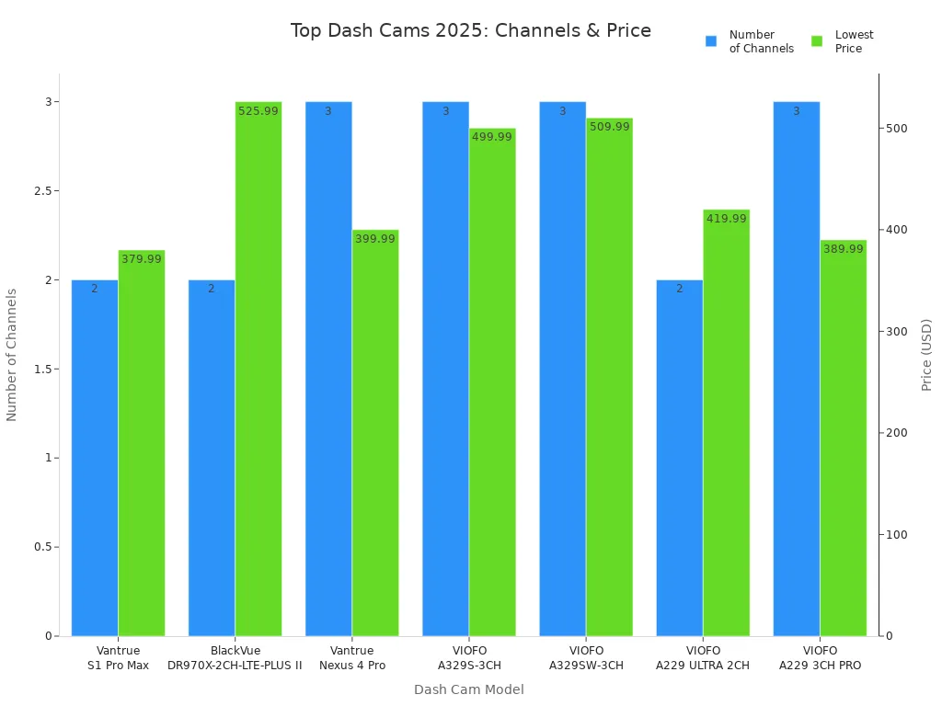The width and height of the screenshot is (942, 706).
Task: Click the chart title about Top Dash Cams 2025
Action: pos(470,30)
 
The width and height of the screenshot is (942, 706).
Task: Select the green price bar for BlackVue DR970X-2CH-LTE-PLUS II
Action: pos(258,368)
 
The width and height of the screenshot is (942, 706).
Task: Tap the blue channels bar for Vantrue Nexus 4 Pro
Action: pos(328,368)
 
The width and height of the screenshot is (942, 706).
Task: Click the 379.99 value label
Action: pos(141,259)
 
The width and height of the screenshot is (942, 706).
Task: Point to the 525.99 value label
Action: pos(258,111)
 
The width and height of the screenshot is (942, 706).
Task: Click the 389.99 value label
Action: pos(844,249)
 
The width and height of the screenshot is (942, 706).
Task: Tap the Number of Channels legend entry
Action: pos(750,41)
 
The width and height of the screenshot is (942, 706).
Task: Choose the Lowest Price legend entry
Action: pos(843,41)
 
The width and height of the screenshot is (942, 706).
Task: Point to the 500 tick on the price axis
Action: pos(896,128)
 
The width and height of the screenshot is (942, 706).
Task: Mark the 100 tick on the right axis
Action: pos(896,535)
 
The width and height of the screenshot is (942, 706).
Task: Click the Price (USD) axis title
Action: pos(926,355)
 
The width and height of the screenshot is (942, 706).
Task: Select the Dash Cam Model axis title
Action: pos(468,689)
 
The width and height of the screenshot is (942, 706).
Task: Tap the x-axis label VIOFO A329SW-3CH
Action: pos(586,658)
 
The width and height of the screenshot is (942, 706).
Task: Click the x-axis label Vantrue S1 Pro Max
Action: pos(118,658)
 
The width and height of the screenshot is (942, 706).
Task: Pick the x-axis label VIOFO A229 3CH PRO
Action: pos(820,658)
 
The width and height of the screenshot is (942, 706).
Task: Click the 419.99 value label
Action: pos(727,219)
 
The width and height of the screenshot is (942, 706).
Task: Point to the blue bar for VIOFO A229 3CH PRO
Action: pos(797,368)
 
